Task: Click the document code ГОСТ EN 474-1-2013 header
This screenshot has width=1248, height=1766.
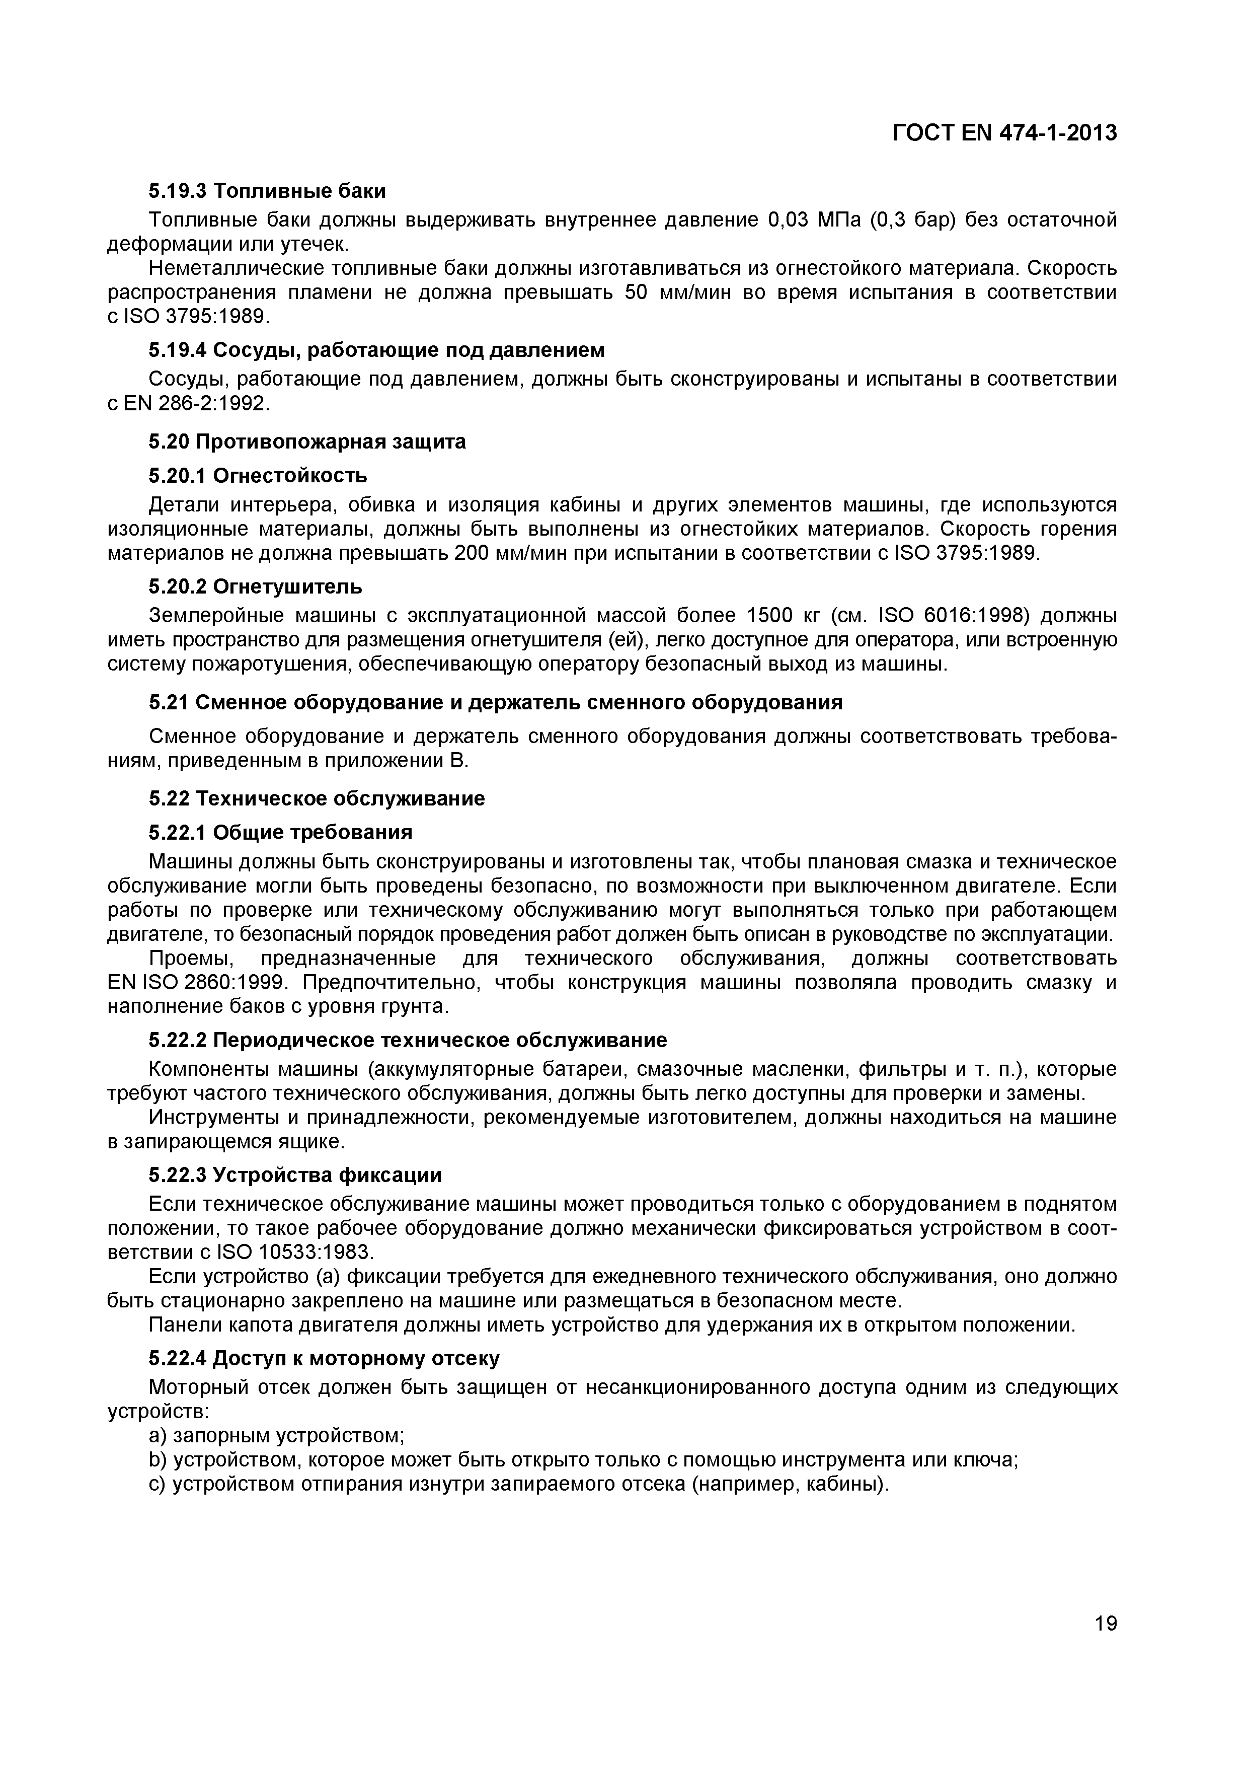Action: click(1004, 133)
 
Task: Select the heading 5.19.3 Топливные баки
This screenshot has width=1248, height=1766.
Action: click(267, 190)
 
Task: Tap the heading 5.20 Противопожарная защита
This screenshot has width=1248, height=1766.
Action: click(307, 441)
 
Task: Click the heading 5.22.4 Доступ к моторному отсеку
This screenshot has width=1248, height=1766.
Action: click(324, 1359)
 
